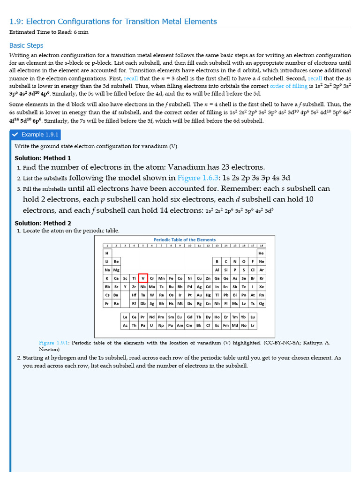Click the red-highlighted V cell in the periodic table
pyautogui.click(x=143, y=278)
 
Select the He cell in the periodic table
pyautogui.click(x=261, y=253)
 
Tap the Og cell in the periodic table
pyautogui.click(x=261, y=303)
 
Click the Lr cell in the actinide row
pyautogui.click(x=253, y=325)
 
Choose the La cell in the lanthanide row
pyautogui.click(x=125, y=317)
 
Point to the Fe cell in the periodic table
pyautogui.click(x=171, y=278)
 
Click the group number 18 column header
pyautogui.click(x=261, y=245)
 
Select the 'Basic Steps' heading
pyautogui.click(x=26, y=45)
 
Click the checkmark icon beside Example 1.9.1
pyautogui.click(x=15, y=135)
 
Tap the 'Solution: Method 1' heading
pyautogui.click(x=43, y=158)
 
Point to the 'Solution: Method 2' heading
pyautogui.click(x=43, y=223)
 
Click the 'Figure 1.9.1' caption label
pyautogui.click(x=54, y=343)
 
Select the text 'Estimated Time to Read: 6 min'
pyautogui.click(x=49, y=32)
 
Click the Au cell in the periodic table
pyautogui.click(x=199, y=295)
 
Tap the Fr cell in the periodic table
pyautogui.click(x=107, y=303)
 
